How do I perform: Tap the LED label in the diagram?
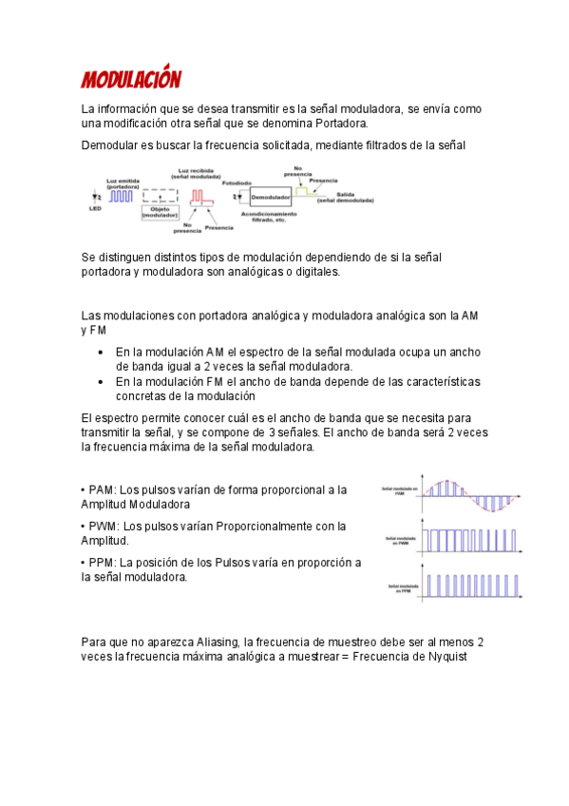point(95,208)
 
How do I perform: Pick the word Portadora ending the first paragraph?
point(340,124)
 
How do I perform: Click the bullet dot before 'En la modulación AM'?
point(101,352)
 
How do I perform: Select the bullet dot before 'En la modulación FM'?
point(101,382)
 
